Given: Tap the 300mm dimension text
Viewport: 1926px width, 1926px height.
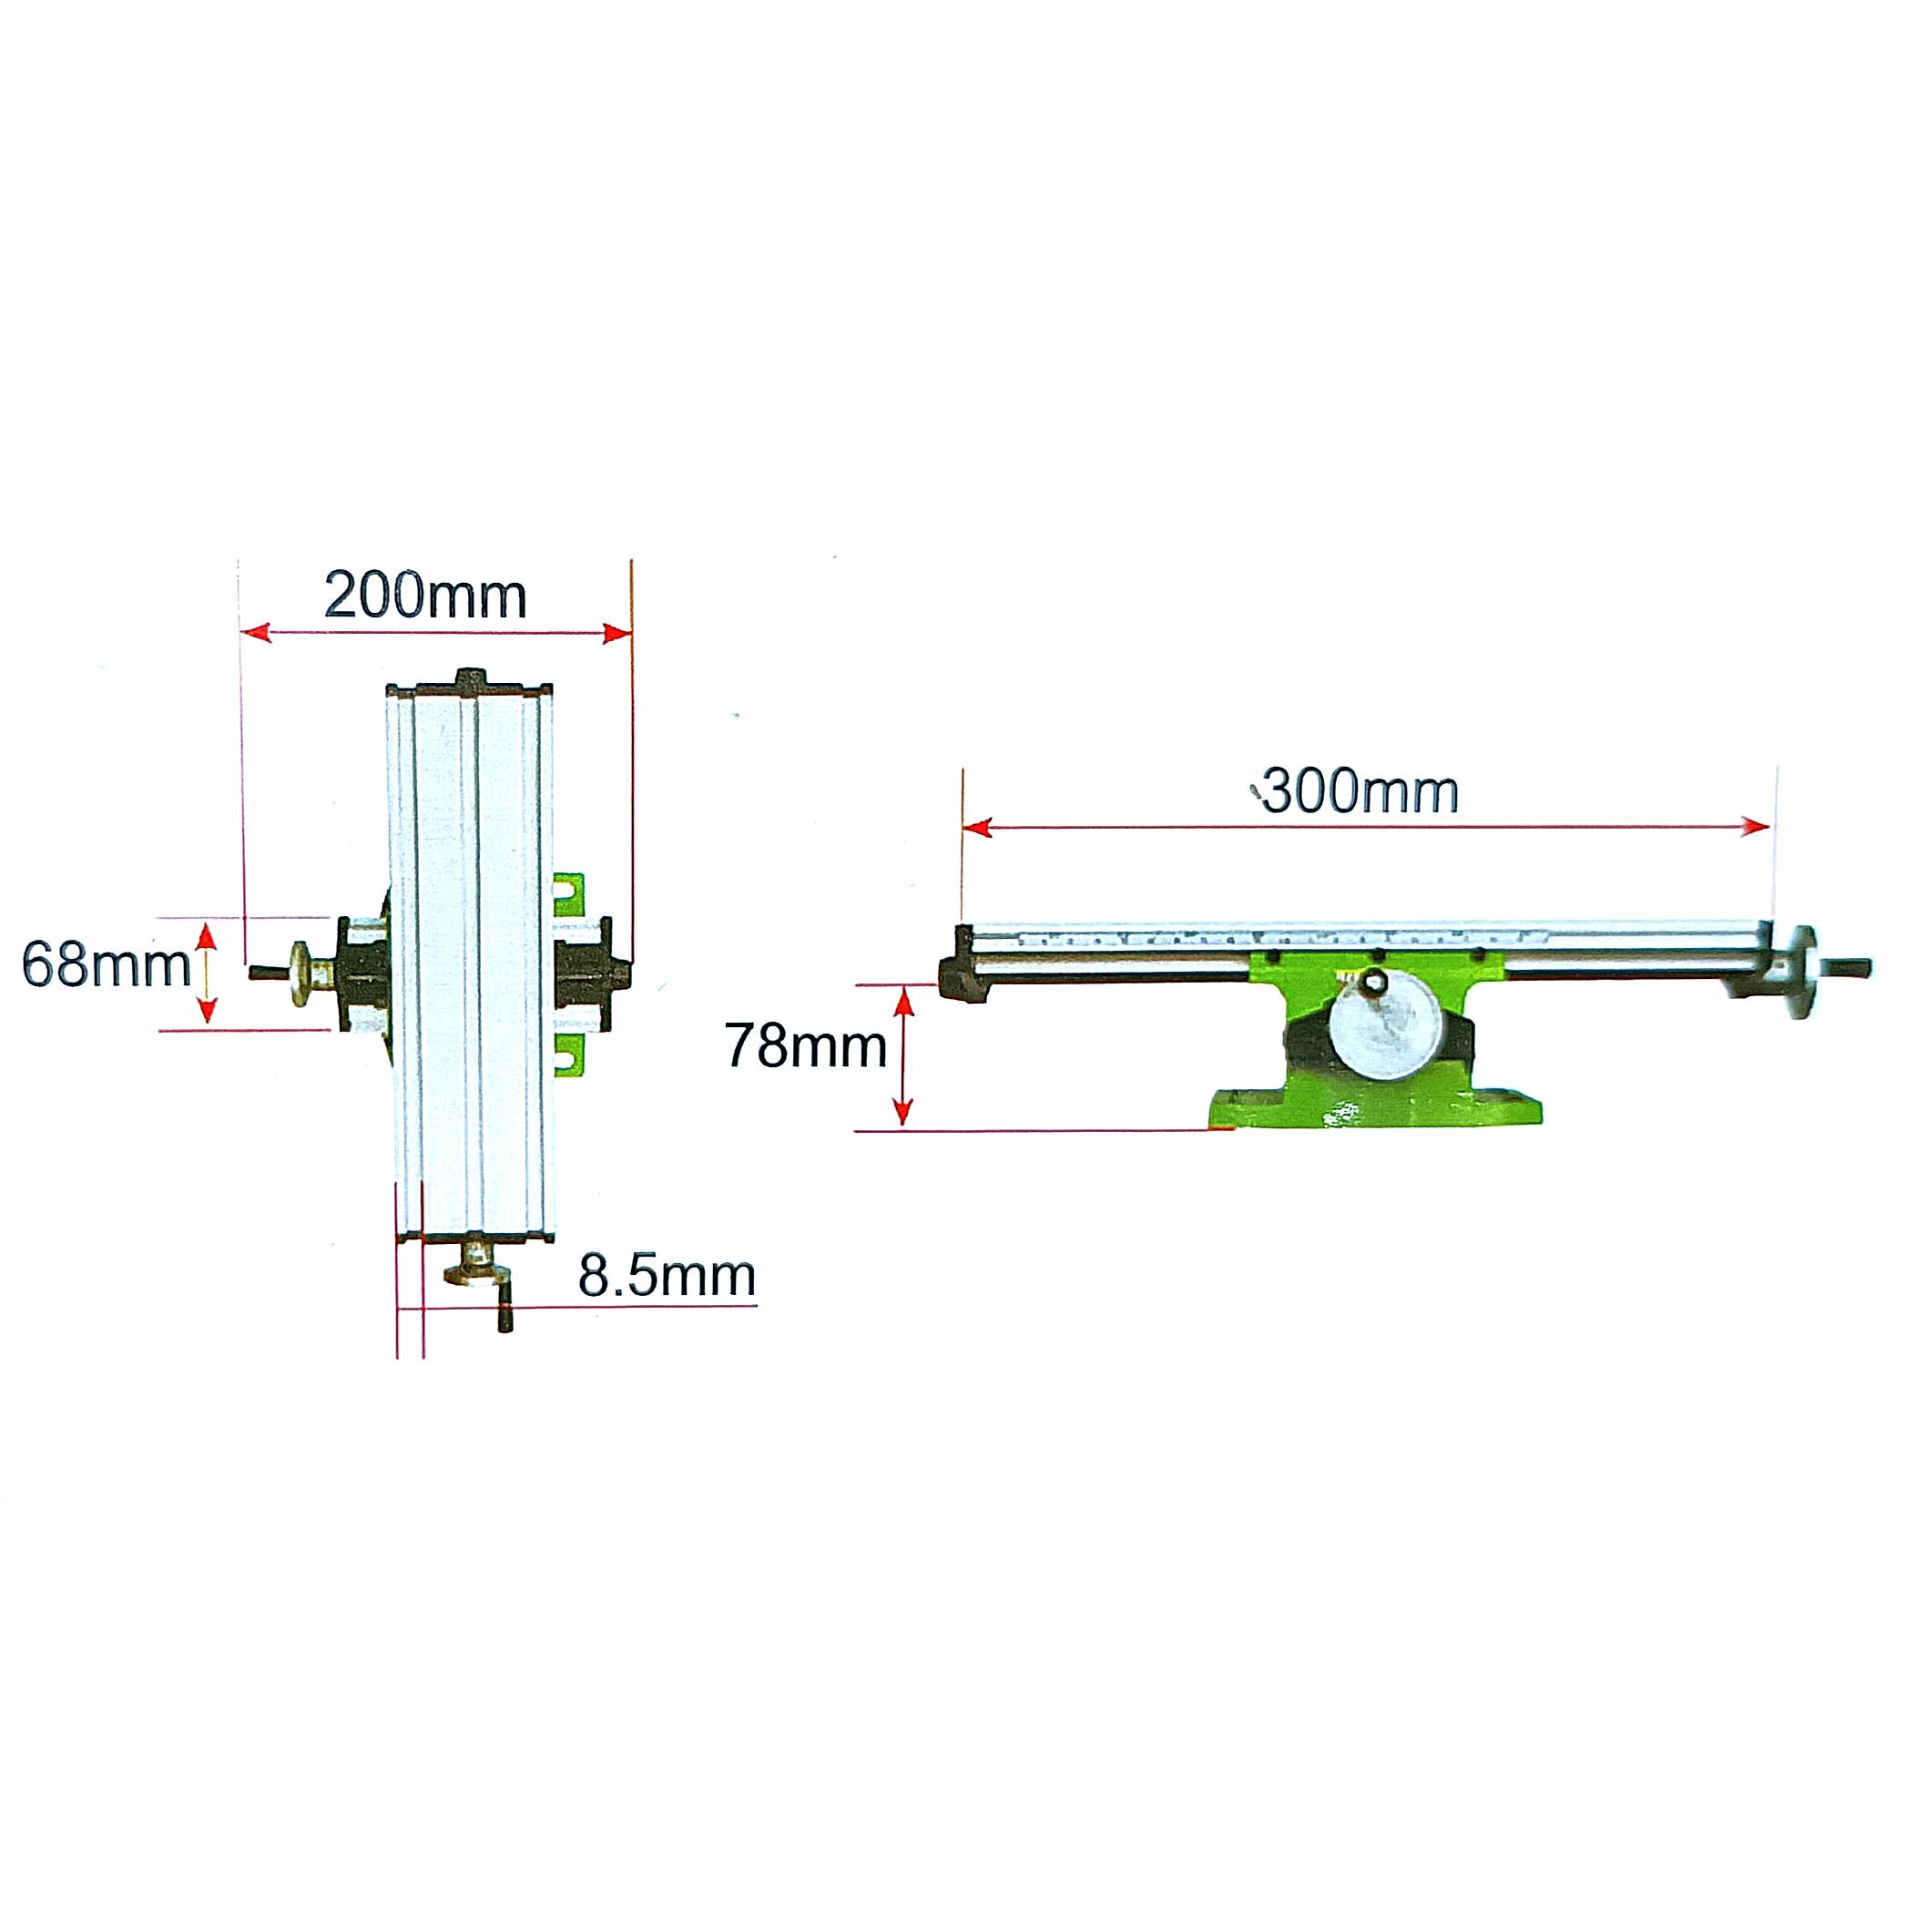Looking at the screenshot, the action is (x=1360, y=792).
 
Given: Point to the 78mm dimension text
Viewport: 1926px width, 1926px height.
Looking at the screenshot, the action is (x=806, y=1046).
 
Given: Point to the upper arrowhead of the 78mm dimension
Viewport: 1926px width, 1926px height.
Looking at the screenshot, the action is (x=903, y=1000).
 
